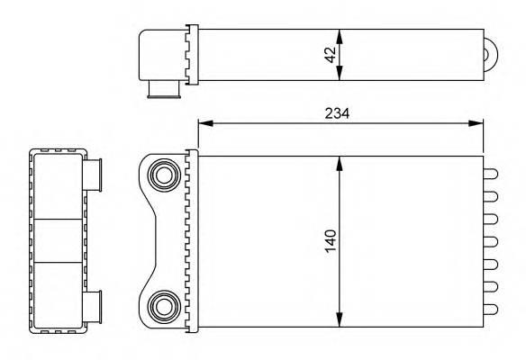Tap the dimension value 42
330,54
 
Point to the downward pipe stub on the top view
163,89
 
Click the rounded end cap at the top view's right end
491,55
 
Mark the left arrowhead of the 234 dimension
203,124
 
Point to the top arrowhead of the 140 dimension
340,161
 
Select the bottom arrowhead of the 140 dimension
340,321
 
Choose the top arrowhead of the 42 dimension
340,33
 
